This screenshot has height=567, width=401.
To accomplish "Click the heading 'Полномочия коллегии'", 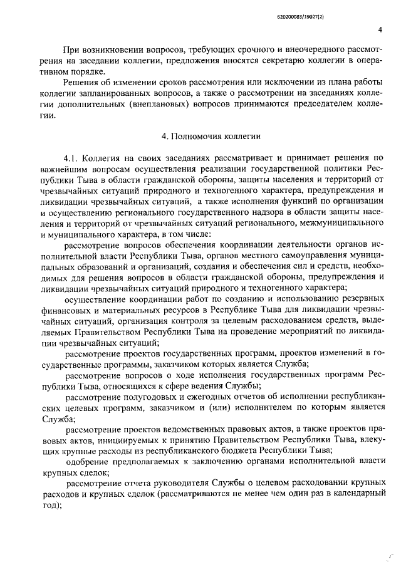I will pyautogui.click(x=207, y=135).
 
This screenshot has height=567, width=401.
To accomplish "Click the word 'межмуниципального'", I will pyautogui.click(x=323, y=223).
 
